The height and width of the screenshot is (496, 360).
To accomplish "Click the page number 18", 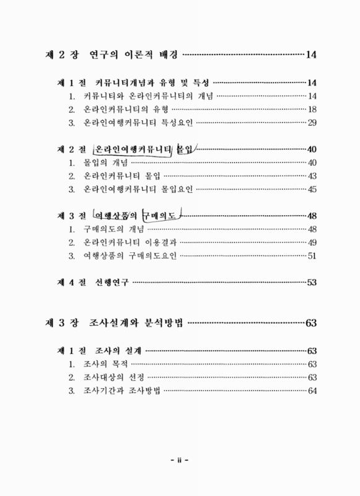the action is pos(312,109).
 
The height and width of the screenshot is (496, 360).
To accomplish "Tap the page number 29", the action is pos(312,122).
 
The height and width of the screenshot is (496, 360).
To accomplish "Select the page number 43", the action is pos(312,176).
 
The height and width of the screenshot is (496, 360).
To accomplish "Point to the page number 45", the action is pos(312,189).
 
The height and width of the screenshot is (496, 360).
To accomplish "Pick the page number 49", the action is pos(312,242).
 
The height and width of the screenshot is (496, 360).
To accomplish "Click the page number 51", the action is pos(312,255).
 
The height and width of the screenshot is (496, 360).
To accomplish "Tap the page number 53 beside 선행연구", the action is pos(312,283).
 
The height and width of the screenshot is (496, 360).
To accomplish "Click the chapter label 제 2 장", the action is pos(64,55).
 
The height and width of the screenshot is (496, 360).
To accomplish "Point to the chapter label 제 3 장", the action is pos(64,323).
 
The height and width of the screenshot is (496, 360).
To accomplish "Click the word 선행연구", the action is pos(112,283).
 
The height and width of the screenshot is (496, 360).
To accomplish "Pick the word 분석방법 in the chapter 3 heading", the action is pos(162,323).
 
